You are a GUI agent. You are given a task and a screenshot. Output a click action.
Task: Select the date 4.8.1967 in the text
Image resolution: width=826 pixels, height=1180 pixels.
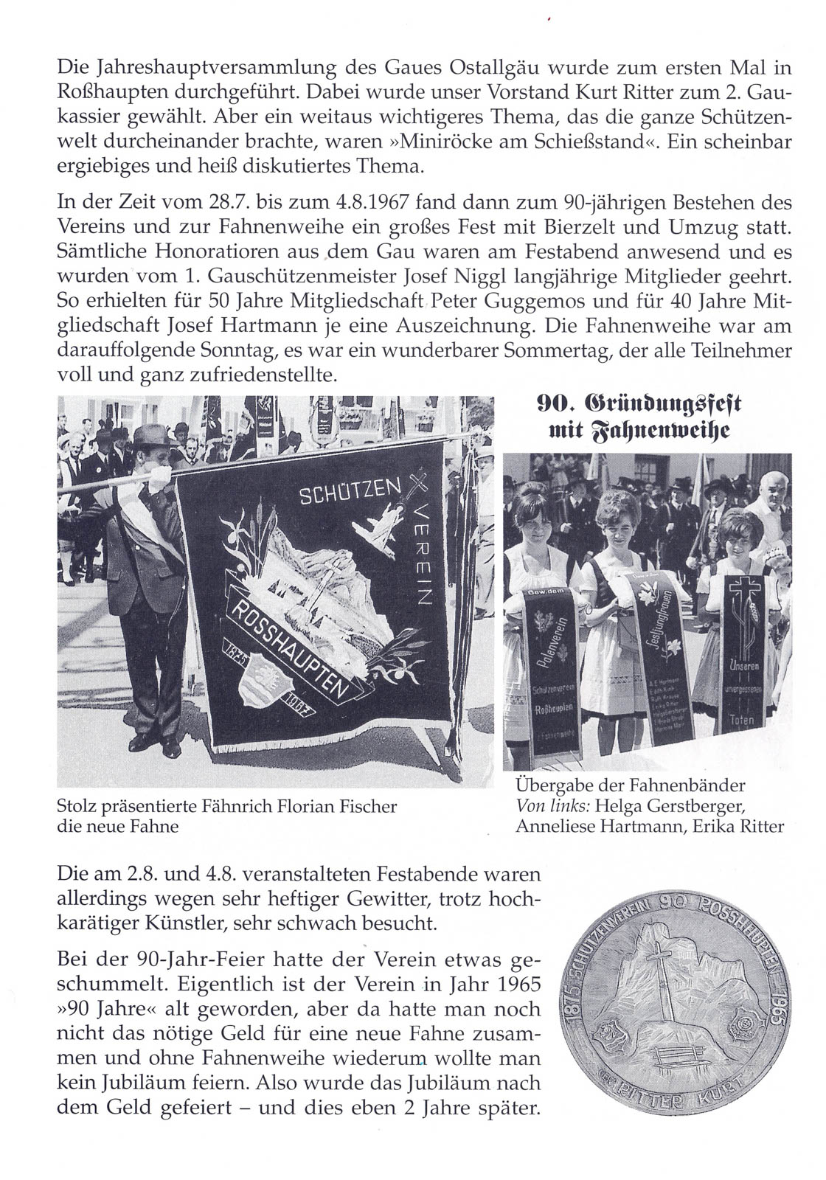coord(341,202)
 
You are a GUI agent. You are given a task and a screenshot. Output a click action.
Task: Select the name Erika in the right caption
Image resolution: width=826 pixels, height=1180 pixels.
coord(714,827)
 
